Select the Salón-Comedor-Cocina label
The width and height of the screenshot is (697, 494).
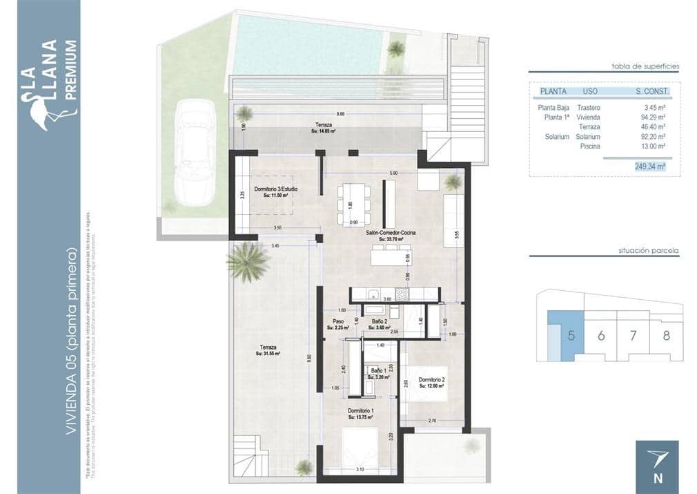click(x=391, y=234)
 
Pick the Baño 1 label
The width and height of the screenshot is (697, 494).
click(x=379, y=371)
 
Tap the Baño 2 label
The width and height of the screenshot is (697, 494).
click(x=378, y=322)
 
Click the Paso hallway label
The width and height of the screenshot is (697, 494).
click(x=338, y=322)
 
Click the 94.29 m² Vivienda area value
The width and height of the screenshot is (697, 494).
click(x=650, y=117)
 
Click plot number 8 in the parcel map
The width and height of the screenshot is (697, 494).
click(x=666, y=336)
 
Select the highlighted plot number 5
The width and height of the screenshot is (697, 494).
click(x=571, y=336)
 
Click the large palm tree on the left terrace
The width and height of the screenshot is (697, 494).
click(x=247, y=262)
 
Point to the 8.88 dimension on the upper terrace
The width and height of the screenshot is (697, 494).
click(x=340, y=113)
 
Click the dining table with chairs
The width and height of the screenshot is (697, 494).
click(x=354, y=205)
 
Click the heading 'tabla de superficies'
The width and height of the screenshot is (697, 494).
click(x=645, y=66)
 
